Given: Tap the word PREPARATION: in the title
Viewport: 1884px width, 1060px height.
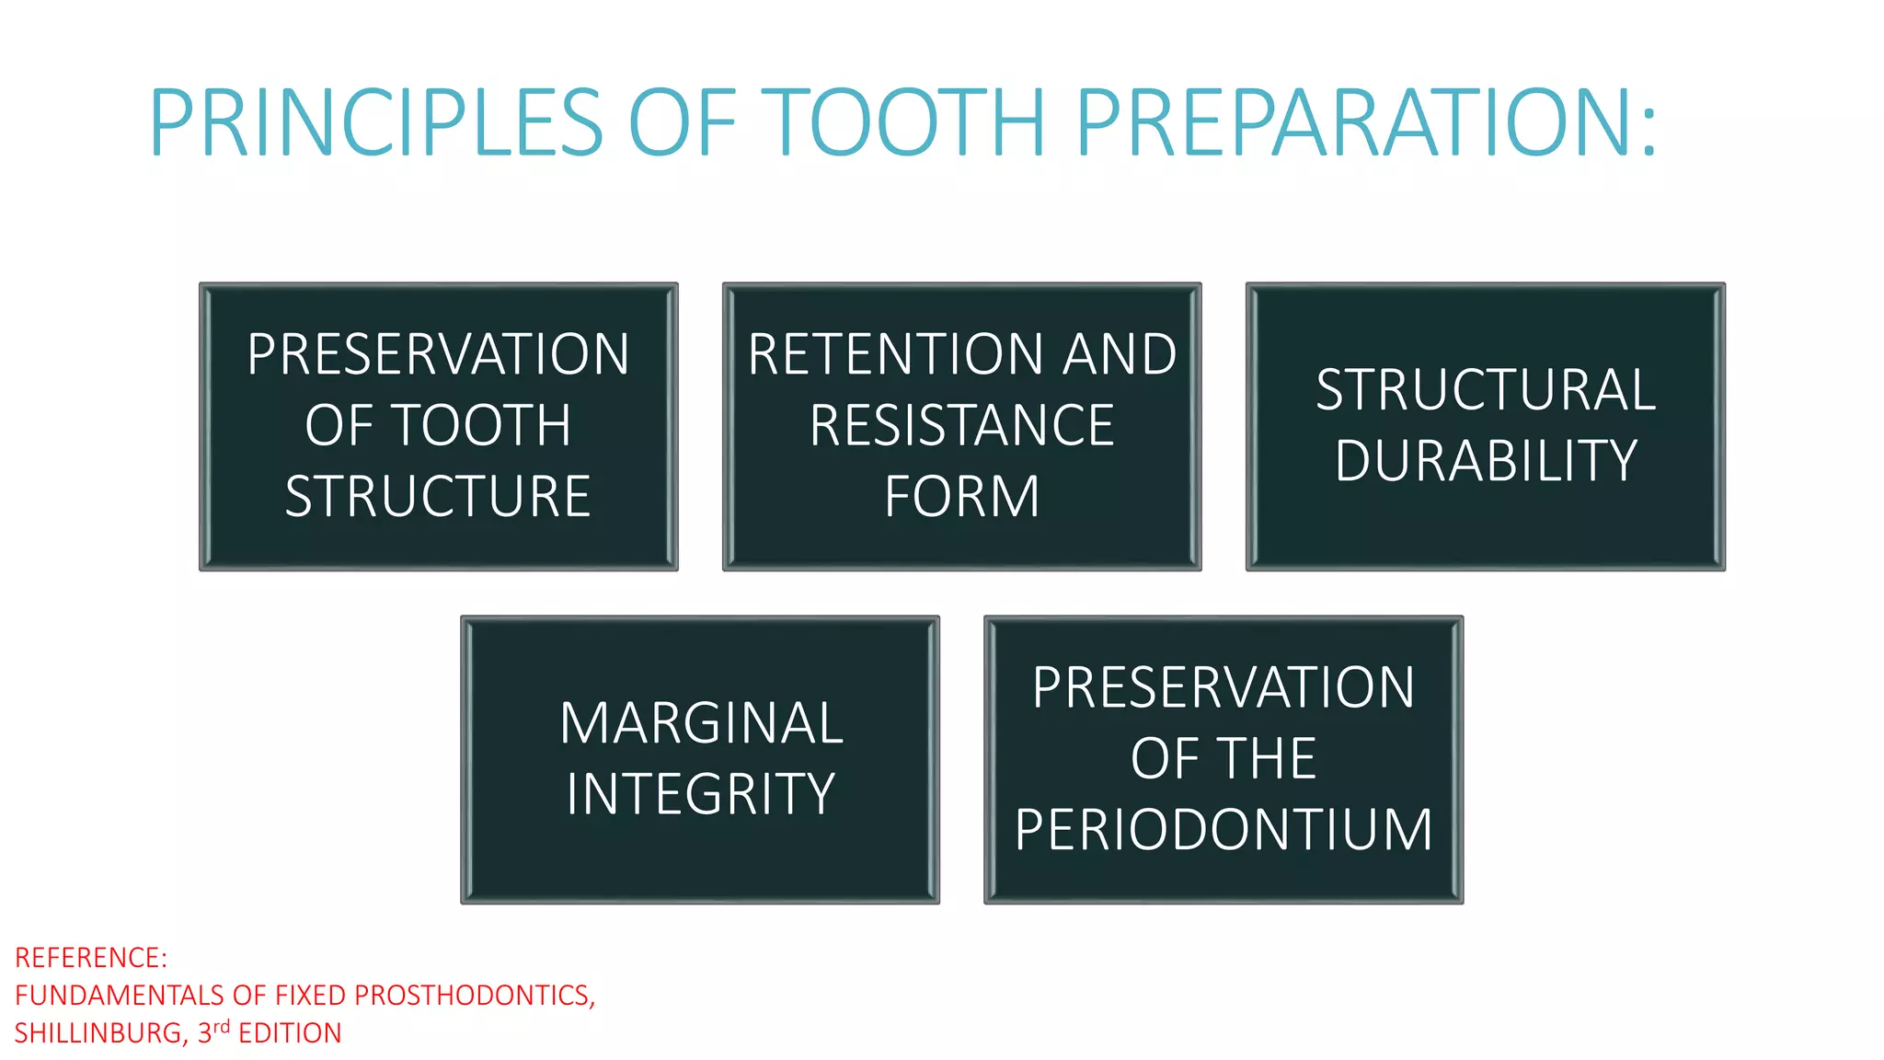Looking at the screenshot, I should (1365, 122).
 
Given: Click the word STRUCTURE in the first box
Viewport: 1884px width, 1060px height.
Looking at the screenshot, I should (438, 497).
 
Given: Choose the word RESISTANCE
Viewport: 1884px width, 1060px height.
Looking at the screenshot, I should (961, 426).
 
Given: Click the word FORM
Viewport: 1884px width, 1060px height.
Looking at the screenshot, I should (961, 497).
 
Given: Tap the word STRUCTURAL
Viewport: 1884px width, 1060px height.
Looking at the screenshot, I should (1485, 390).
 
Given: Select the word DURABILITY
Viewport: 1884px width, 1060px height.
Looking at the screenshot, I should (1485, 461).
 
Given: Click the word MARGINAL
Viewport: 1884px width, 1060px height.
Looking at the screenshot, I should (700, 723).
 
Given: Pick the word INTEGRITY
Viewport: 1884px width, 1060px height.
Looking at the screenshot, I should (700, 794).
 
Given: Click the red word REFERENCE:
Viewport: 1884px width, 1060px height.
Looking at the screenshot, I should (91, 959).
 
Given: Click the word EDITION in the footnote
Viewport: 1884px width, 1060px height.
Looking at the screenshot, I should (290, 1033).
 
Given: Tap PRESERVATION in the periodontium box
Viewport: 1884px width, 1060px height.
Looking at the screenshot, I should (1223, 688).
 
